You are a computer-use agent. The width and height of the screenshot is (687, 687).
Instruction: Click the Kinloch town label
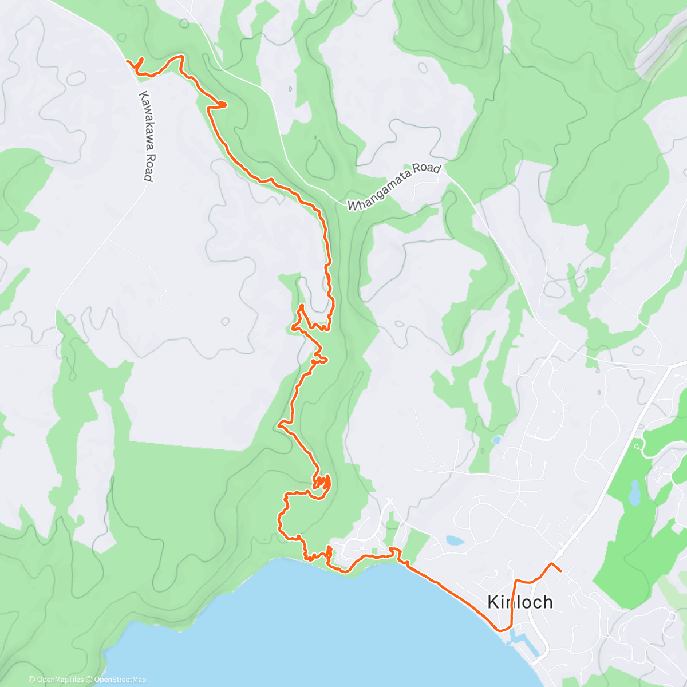coord(520,602)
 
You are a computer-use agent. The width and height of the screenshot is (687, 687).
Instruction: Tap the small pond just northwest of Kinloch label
coord(454,540)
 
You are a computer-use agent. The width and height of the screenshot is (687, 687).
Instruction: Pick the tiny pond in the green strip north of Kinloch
coord(496,440)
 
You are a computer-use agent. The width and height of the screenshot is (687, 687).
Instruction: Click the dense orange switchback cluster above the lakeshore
coord(322,484)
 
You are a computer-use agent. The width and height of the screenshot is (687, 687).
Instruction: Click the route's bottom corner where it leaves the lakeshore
coord(502,629)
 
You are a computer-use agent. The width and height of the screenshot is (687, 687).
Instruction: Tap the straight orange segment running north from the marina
coord(514,601)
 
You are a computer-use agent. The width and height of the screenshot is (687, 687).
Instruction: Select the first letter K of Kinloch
coord(493,602)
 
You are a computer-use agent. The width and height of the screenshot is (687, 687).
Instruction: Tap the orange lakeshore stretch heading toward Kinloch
coord(452,593)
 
